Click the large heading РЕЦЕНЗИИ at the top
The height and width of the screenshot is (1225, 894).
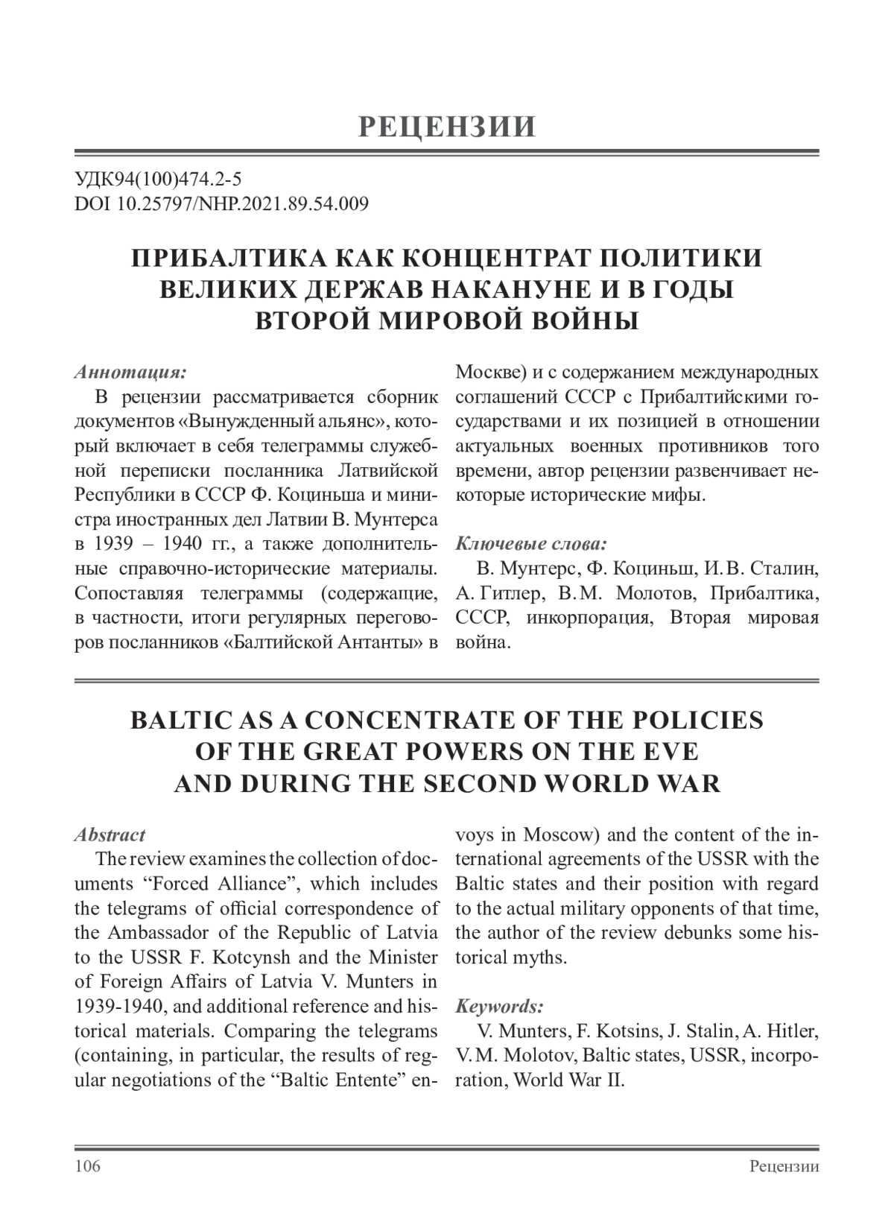[x=447, y=127]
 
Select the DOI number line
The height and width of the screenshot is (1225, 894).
[x=221, y=203]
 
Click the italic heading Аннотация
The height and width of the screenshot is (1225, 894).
[x=130, y=371]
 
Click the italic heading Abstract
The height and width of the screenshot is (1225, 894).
[x=110, y=835]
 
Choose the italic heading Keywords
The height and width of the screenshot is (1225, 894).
[x=499, y=1007]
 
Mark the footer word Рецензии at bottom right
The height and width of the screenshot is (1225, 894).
[x=784, y=1166]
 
